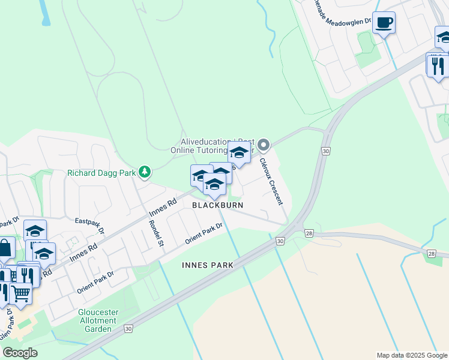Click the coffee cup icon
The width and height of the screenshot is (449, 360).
[384, 23]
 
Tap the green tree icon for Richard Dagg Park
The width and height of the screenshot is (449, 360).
[144, 173]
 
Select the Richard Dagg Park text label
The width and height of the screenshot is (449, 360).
[101, 173]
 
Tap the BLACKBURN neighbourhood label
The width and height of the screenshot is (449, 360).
[217, 205]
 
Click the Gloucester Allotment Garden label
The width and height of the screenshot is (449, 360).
[98, 320]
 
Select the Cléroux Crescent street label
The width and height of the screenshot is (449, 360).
[271, 181]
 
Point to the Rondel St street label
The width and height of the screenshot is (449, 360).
[155, 233]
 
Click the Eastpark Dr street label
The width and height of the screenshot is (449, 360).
[90, 226]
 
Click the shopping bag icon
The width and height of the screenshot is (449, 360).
[5, 247]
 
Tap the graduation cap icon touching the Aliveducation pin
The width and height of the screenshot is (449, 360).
[239, 153]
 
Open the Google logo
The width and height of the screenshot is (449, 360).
[20, 352]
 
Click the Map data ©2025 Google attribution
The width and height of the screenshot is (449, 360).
[411, 355]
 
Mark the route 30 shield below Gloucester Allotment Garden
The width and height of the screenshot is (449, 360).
[128, 329]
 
